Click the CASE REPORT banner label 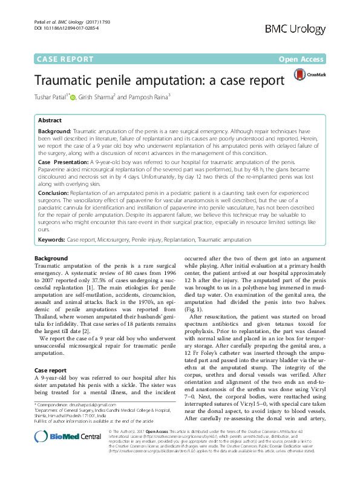pyautogui.click(x=65, y=59)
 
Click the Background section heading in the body pyautogui.click(x=51, y=259)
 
